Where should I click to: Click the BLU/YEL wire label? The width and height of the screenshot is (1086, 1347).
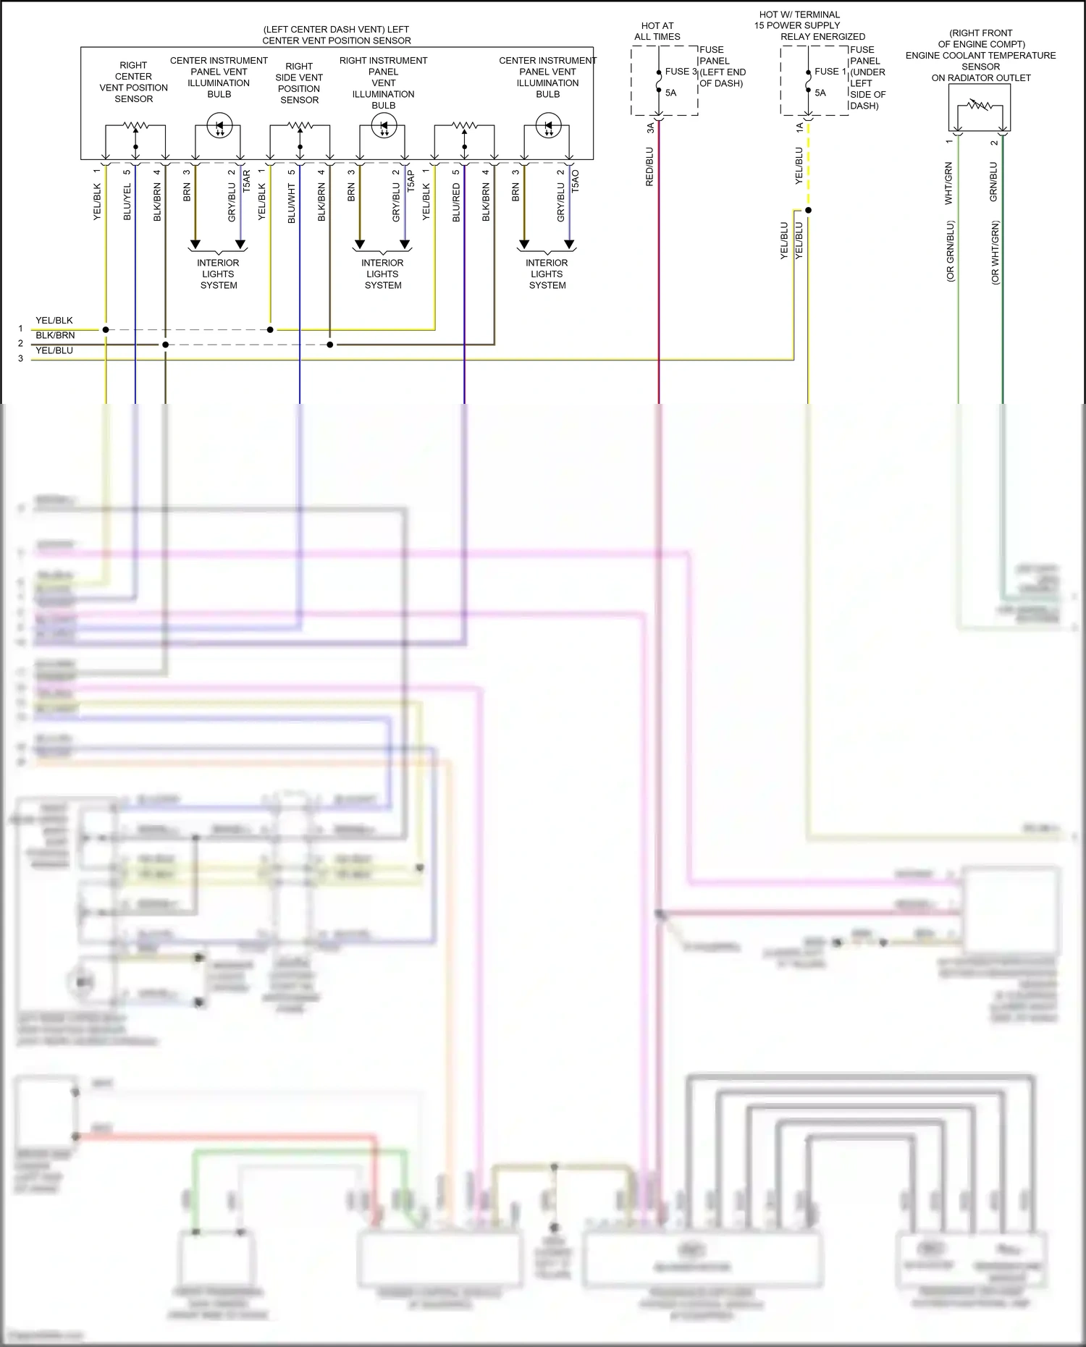[x=127, y=202]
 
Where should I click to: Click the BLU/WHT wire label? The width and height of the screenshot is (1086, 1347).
[x=292, y=203]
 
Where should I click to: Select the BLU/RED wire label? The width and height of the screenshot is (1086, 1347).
[x=456, y=203]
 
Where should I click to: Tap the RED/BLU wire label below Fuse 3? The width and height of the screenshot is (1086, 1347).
[x=649, y=167]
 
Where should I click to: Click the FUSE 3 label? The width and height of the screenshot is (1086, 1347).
[x=681, y=72]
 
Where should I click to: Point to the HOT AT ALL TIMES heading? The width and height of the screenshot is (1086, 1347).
[x=657, y=31]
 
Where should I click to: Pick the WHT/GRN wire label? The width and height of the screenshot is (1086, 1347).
[x=948, y=183]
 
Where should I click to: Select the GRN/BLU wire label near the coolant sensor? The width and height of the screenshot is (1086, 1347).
[x=993, y=182]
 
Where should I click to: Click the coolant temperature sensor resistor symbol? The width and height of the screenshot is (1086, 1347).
[x=980, y=106]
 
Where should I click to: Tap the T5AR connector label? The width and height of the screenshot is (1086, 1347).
[x=246, y=181]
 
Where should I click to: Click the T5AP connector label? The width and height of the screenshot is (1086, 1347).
[x=411, y=181]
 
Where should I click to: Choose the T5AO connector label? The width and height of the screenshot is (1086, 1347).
[x=575, y=181]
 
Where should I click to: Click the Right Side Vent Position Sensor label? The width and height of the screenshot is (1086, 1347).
[x=299, y=83]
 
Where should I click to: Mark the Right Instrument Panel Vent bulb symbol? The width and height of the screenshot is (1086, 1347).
[x=384, y=126]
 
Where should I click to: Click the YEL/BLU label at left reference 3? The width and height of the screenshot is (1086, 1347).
[x=54, y=350]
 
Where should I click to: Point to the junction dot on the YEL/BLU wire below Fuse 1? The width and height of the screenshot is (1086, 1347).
[x=809, y=211]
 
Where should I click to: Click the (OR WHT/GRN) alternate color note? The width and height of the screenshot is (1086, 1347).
[x=995, y=253]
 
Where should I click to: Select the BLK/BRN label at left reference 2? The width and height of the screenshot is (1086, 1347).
[x=55, y=335]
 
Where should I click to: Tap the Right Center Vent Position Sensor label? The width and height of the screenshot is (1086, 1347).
[x=134, y=82]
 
